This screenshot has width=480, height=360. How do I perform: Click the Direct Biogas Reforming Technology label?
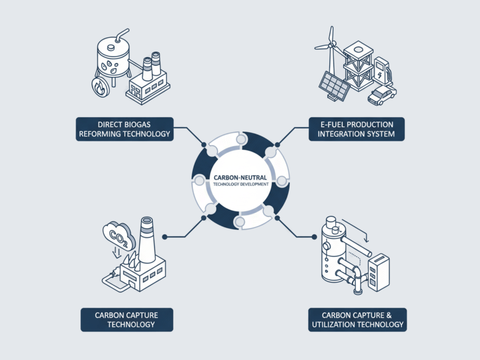(x=125, y=129)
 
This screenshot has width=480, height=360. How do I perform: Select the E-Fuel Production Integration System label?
(x=356, y=129)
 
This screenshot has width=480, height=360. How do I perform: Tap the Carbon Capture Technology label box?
(x=127, y=319)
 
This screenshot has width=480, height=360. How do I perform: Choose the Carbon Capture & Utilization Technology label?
(x=357, y=319)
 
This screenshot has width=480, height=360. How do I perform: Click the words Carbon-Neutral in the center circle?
(x=240, y=177)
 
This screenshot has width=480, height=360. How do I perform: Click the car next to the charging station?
(x=382, y=95)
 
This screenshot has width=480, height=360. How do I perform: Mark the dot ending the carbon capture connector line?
(x=165, y=237)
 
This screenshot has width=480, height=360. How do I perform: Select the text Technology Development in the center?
(x=240, y=184)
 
